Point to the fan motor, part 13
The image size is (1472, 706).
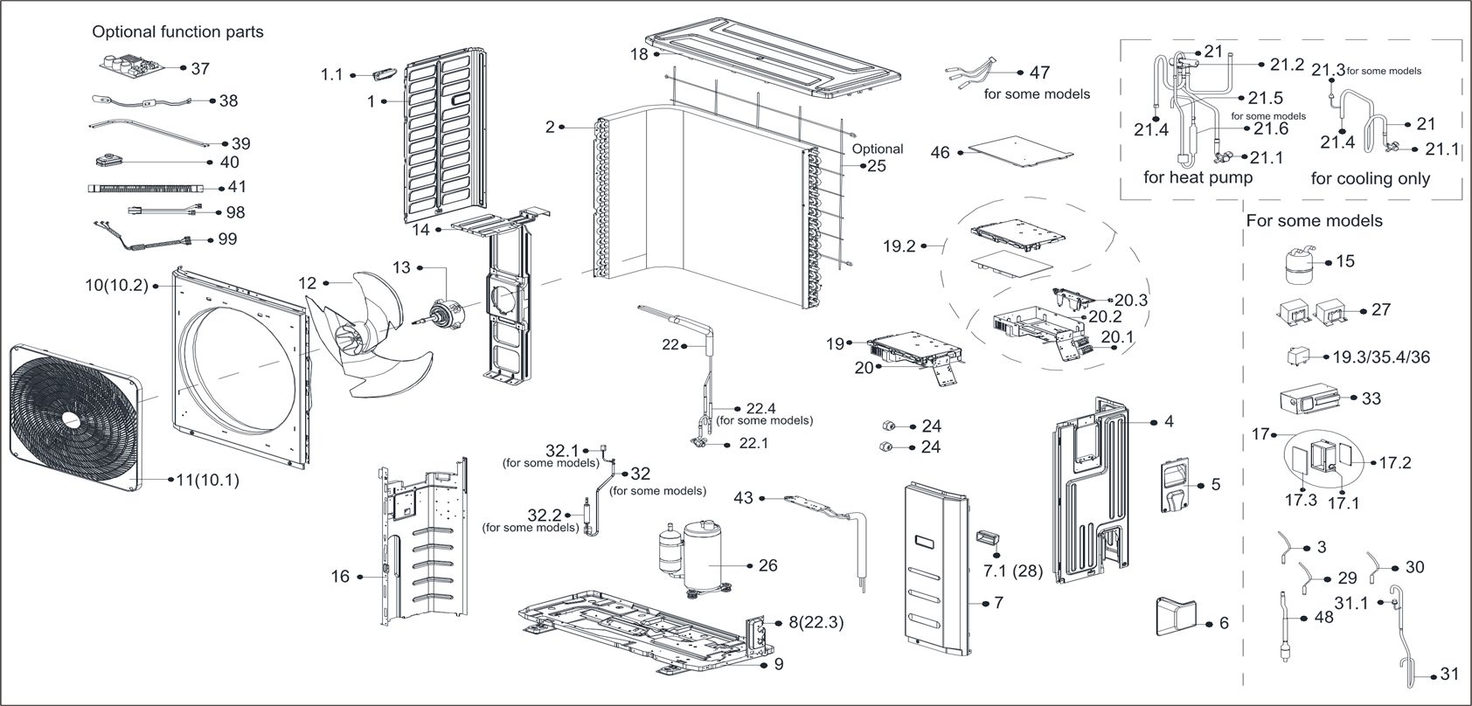(x=448, y=310)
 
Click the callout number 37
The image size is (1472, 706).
(x=200, y=68)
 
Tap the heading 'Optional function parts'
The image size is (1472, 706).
(x=177, y=31)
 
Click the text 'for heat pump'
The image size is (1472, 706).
(x=1198, y=178)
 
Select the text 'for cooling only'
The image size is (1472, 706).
(x=1370, y=179)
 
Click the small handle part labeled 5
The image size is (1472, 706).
(x=1177, y=486)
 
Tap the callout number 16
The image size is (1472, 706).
(x=340, y=576)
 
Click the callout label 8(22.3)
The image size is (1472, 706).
(x=816, y=623)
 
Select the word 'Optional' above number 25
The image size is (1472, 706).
(x=878, y=149)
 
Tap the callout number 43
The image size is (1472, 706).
(x=743, y=497)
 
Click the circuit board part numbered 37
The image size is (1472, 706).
(x=131, y=66)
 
